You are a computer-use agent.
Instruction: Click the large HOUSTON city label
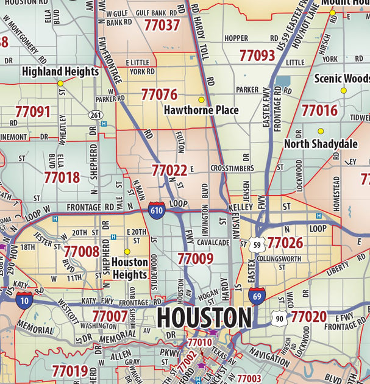click(204, 318)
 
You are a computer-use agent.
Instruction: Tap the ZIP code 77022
click(169, 170)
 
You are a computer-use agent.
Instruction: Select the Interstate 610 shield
click(156, 209)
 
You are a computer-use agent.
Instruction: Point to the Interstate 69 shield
click(257, 296)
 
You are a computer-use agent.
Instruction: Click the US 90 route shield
click(279, 318)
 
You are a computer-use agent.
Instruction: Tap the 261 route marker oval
click(95, 115)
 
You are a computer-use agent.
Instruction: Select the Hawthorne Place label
click(201, 110)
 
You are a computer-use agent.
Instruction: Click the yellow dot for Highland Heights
click(60, 84)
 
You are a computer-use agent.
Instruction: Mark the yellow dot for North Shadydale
click(320, 131)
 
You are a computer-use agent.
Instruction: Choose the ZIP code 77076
click(159, 95)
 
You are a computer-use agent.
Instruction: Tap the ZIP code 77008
click(81, 251)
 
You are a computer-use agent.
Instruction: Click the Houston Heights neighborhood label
click(129, 268)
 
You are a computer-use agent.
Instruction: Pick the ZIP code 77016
click(319, 110)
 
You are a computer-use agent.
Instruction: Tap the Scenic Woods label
click(342, 79)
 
